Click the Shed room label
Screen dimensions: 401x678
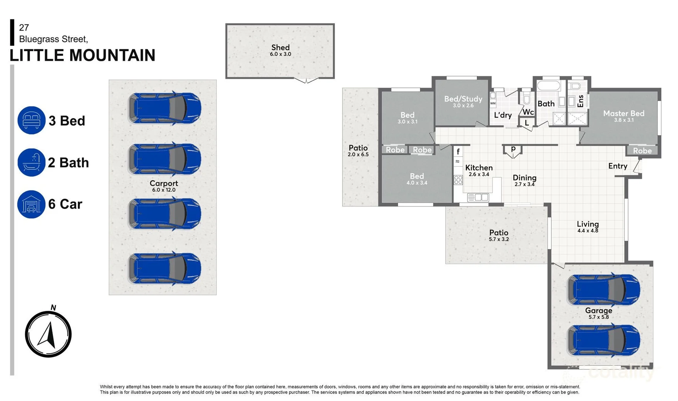click(280, 48)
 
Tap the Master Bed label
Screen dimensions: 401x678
click(623, 114)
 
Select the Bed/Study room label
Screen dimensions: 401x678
click(463, 99)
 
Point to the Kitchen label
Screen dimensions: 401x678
click(479, 168)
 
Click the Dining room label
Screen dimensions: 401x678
click(524, 178)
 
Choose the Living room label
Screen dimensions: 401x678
click(587, 224)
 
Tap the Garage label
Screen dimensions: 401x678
click(599, 311)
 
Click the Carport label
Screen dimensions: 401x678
click(164, 183)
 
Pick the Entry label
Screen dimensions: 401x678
click(618, 166)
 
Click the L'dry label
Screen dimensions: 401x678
click(503, 115)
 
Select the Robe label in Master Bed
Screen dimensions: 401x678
click(642, 151)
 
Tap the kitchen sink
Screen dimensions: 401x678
click(478, 198)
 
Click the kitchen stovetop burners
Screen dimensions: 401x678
click(458, 180)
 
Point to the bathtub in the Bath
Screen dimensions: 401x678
click(548, 86)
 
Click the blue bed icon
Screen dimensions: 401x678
click(32, 120)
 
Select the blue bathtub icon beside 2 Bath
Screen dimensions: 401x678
click(32, 163)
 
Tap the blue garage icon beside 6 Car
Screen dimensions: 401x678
click(32, 204)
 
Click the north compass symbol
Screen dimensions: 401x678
click(48, 334)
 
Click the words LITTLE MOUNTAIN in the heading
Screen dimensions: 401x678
click(82, 55)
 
